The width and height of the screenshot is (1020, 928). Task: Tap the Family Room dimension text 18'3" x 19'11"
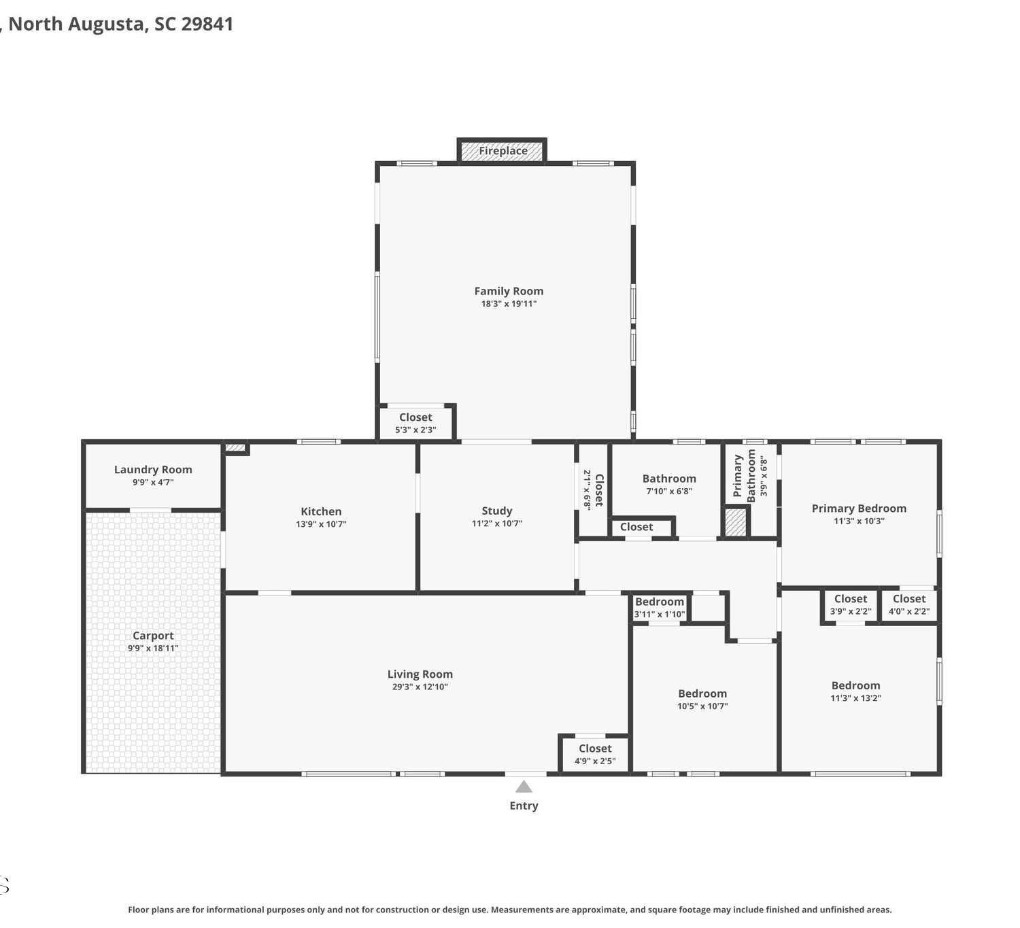click(509, 304)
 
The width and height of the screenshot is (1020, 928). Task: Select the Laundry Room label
click(153, 469)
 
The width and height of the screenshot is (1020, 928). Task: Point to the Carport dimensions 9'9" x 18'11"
click(153, 648)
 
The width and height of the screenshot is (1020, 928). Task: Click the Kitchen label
click(321, 511)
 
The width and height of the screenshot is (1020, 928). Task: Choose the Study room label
click(497, 511)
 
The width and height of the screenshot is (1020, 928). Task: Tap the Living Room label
click(420, 674)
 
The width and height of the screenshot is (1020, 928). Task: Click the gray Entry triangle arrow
click(524, 787)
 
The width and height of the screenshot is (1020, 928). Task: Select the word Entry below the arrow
click(524, 806)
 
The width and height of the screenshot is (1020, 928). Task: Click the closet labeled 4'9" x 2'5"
click(595, 754)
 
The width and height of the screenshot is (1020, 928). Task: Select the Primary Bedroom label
click(859, 508)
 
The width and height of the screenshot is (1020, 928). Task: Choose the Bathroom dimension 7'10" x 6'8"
click(669, 491)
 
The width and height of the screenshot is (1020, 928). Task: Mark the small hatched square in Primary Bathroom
click(735, 521)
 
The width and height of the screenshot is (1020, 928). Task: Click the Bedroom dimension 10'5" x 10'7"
click(702, 706)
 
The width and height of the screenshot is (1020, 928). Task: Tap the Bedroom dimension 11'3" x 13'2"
click(855, 698)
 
